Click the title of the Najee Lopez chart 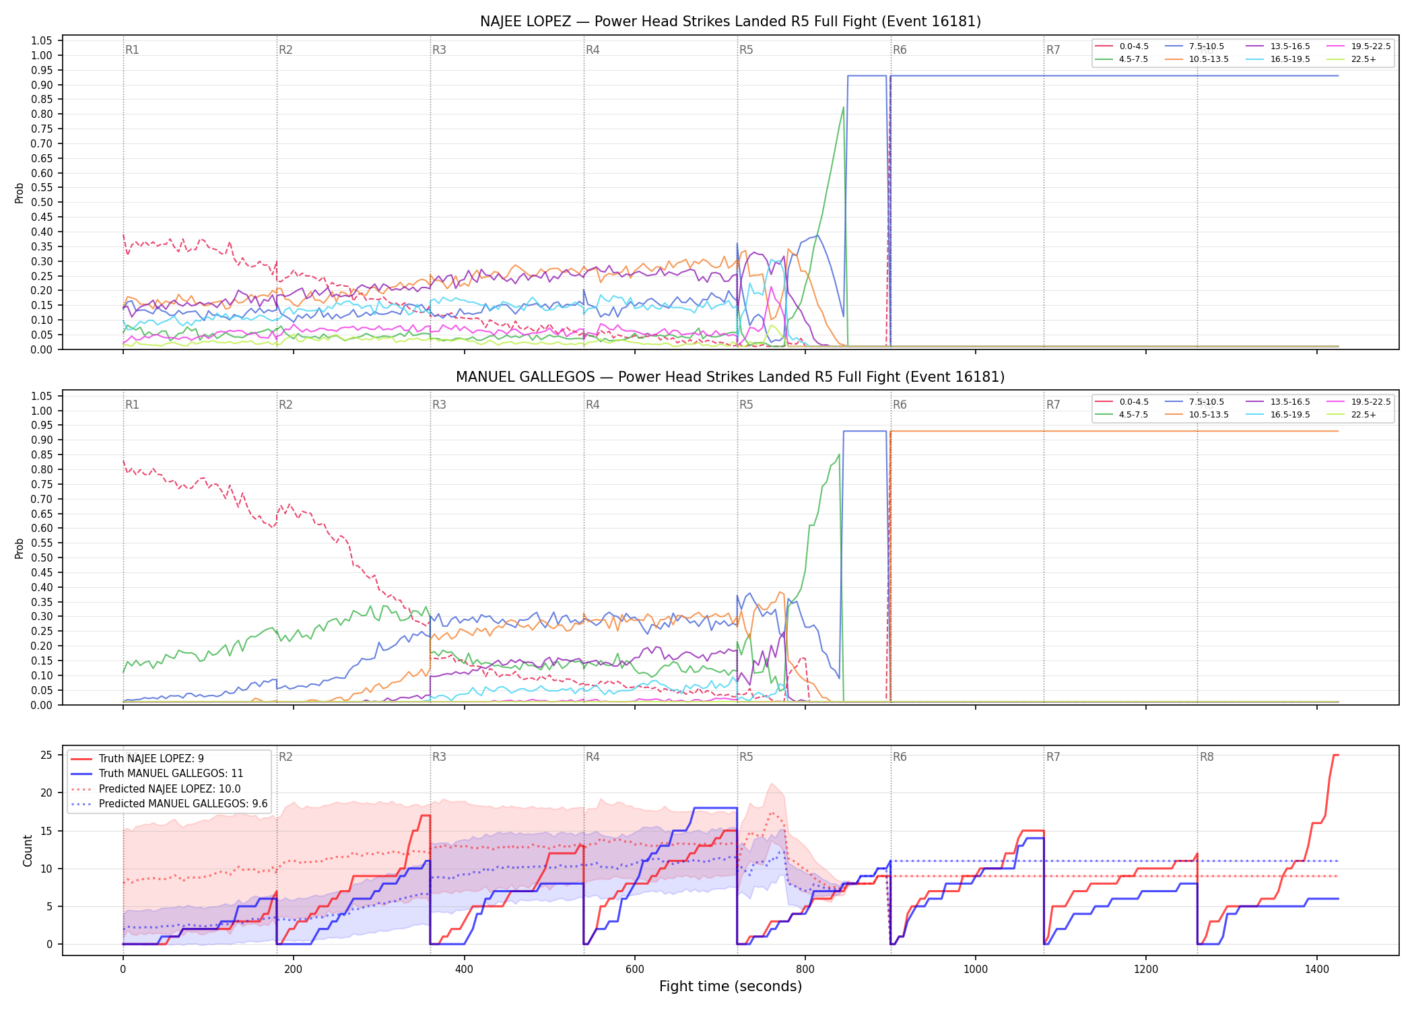coord(731,22)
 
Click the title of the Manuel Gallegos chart coord(731,377)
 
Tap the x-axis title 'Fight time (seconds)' coord(731,986)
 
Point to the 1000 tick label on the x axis coord(976,969)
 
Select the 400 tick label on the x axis coord(464,969)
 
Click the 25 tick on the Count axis coord(46,755)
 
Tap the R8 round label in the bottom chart coord(1207,757)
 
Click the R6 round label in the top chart coord(900,50)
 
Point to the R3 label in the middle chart coord(439,405)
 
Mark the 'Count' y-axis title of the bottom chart coord(28,850)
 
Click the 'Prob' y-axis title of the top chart coord(20,193)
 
